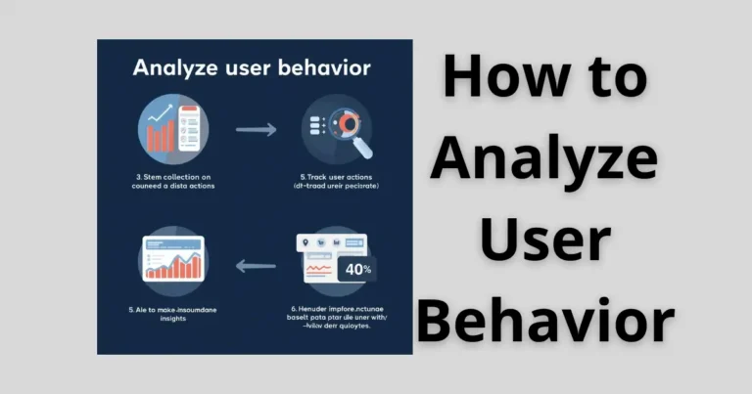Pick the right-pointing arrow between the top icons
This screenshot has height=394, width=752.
pyautogui.click(x=257, y=129)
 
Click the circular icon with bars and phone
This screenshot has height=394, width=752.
pyautogui.click(x=173, y=129)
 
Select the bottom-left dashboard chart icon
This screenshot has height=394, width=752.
pyautogui.click(x=173, y=261)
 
